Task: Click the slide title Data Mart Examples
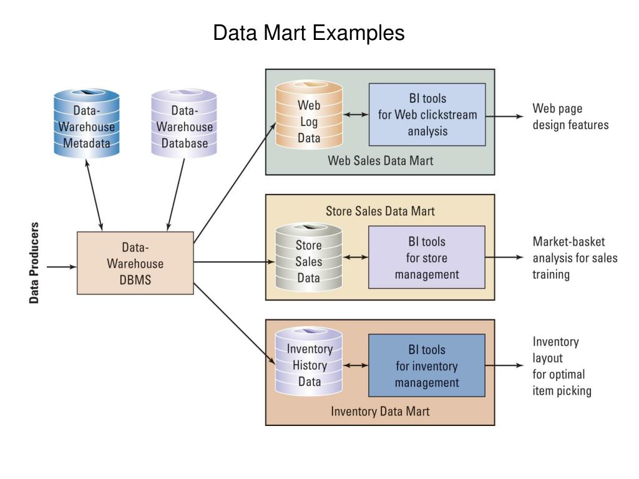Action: click(x=308, y=32)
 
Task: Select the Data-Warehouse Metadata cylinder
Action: click(x=86, y=123)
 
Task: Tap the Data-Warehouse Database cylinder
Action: click(x=184, y=123)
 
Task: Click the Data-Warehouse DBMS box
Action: click(x=135, y=263)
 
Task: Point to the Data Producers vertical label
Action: click(x=34, y=263)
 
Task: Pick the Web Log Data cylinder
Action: click(x=309, y=115)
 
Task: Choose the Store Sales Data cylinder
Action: click(x=308, y=257)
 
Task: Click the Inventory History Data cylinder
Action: click(x=308, y=361)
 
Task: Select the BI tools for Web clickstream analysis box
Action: click(x=427, y=115)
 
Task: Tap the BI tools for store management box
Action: click(x=427, y=258)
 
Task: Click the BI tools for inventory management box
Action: click(x=427, y=365)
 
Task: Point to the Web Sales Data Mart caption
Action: click(x=380, y=160)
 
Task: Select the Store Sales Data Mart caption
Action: click(x=380, y=211)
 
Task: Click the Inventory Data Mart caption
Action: click(x=380, y=412)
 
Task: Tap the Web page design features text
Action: click(x=570, y=117)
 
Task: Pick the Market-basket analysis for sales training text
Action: click(x=575, y=258)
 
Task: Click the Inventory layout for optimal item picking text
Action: click(x=562, y=365)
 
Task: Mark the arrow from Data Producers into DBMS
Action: click(x=62, y=267)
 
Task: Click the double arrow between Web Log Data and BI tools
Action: click(x=356, y=115)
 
